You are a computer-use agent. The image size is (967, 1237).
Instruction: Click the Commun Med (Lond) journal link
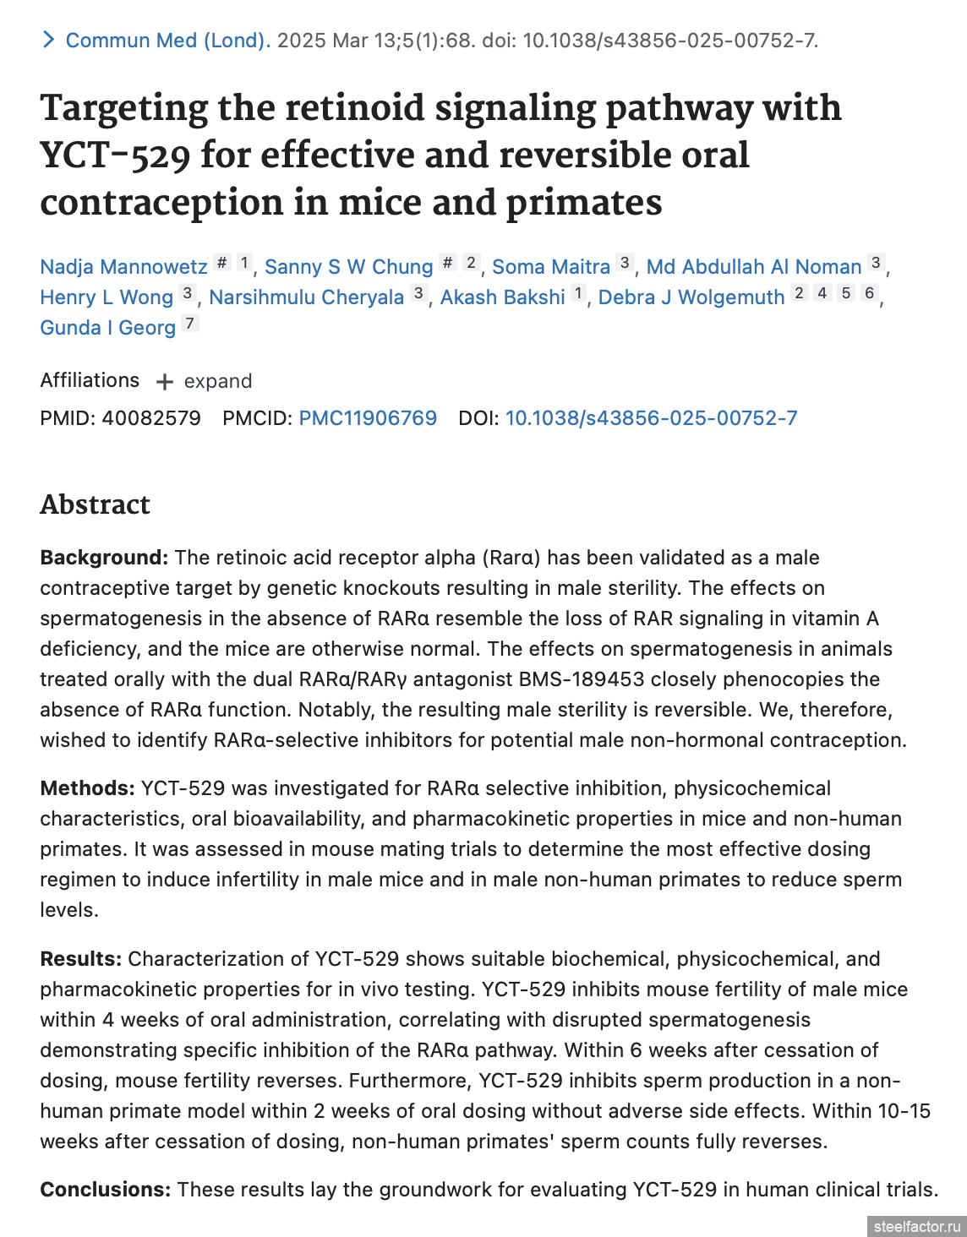tap(167, 41)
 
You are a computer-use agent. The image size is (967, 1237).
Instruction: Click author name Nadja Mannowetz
tap(123, 267)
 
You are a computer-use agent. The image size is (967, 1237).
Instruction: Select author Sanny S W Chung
tap(348, 267)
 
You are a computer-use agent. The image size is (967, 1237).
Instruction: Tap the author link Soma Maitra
tap(551, 267)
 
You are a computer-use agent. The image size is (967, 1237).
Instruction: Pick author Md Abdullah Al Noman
tap(753, 267)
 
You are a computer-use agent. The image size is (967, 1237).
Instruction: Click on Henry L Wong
tap(107, 297)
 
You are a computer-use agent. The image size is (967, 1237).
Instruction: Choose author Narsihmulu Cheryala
tap(306, 297)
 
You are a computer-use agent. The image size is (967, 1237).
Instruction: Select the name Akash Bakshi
tap(502, 297)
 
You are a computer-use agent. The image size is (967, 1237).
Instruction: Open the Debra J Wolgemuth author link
tap(691, 297)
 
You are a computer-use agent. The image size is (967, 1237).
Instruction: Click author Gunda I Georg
tap(107, 328)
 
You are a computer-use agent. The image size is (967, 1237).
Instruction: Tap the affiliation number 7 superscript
tap(190, 323)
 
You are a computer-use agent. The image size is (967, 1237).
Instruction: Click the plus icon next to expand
tap(165, 382)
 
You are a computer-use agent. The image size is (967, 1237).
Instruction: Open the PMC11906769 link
tap(368, 418)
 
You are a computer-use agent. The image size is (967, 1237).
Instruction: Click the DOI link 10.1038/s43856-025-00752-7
tap(651, 418)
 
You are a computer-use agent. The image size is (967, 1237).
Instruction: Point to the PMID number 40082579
tap(151, 418)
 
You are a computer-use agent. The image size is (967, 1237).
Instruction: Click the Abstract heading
tap(95, 504)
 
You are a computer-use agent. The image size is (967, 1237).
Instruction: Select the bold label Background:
tap(104, 558)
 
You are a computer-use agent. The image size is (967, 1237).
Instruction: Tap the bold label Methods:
tap(87, 788)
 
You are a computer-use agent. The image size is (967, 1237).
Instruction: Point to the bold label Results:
tap(80, 959)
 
